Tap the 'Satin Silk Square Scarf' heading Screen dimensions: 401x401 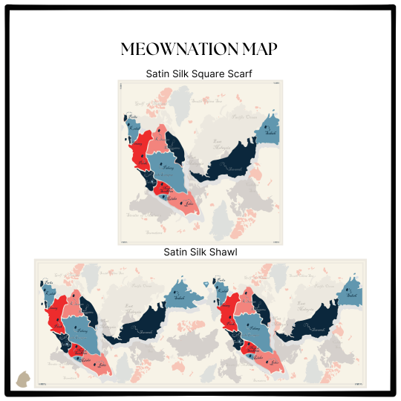200,74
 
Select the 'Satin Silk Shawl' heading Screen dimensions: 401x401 200,252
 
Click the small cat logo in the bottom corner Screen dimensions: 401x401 23,379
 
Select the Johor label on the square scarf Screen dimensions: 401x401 189,202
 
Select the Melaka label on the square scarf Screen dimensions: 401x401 172,198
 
